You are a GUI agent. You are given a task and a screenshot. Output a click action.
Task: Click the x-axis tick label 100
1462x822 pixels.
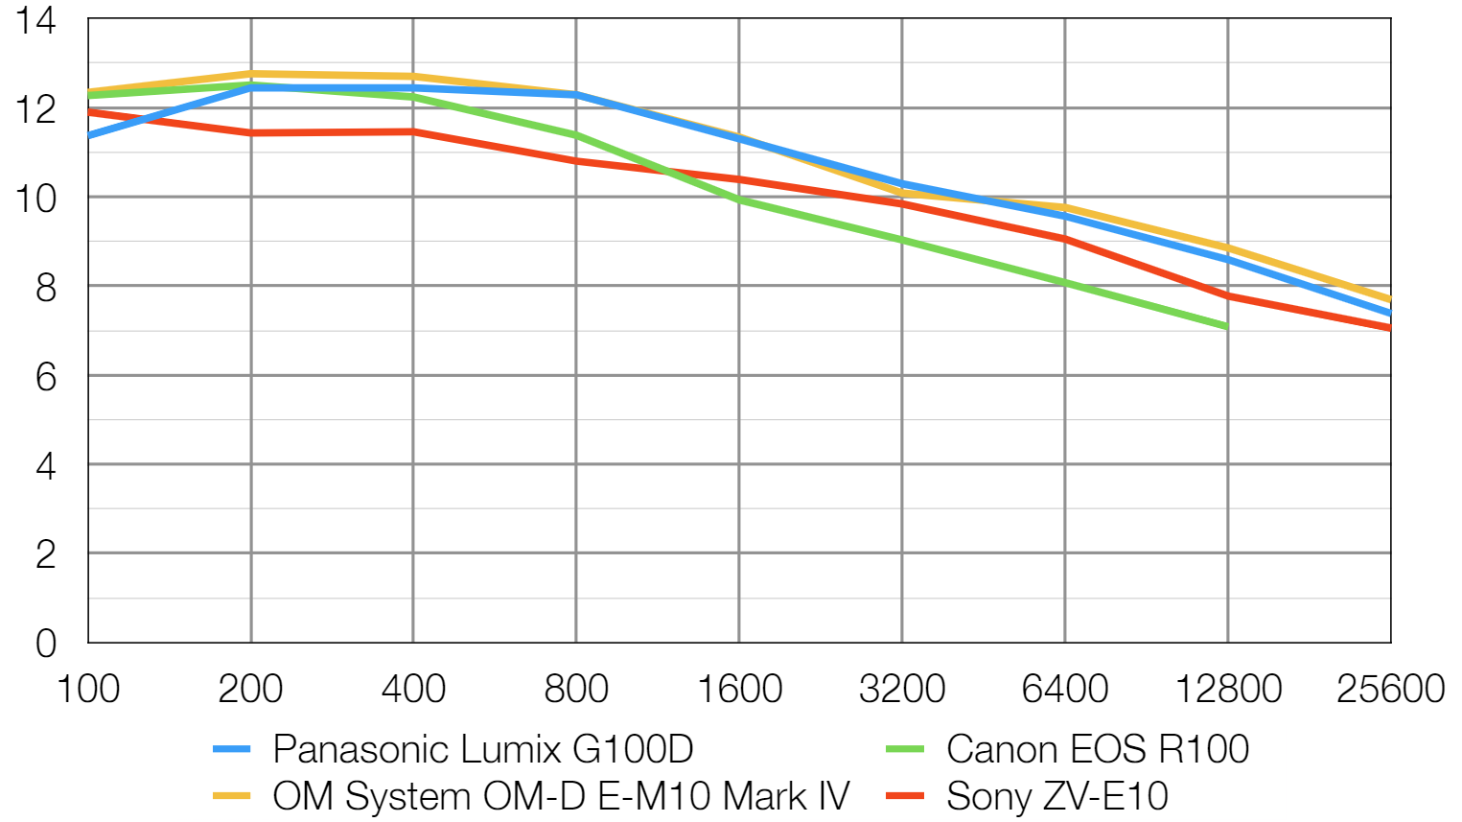coord(88,689)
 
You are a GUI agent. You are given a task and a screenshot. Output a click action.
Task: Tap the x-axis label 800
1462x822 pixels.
coord(576,689)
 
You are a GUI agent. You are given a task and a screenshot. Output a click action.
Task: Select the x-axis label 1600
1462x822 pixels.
coord(739,689)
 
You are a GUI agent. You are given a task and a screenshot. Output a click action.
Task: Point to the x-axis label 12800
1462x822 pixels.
coord(1228,689)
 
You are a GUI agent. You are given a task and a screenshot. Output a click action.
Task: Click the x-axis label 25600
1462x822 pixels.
coord(1390,689)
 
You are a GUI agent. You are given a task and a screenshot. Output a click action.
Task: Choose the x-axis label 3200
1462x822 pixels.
coord(902,689)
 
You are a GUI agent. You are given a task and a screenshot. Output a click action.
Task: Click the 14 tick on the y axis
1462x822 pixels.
coord(35,20)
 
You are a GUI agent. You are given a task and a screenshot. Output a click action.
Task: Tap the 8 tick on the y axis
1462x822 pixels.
coord(46,287)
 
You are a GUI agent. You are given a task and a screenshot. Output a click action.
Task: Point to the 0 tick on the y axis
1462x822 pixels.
coord(46,643)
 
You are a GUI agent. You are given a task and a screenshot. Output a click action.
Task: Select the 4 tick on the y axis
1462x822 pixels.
coord(46,465)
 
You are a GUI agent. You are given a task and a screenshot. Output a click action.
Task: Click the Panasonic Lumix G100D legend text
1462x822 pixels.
coord(482,749)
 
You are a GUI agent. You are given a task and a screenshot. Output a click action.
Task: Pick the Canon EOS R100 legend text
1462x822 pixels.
coord(1098,749)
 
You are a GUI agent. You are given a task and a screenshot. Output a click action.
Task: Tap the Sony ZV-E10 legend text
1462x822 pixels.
coord(1056,796)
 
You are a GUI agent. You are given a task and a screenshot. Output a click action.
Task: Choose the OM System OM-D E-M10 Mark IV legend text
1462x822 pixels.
coord(561,796)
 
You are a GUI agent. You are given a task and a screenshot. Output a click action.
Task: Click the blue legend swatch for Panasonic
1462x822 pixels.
coord(231,749)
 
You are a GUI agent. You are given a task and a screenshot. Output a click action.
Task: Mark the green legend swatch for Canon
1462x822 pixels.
coord(905,749)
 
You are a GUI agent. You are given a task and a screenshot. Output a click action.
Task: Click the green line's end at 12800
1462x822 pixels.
coord(1227,327)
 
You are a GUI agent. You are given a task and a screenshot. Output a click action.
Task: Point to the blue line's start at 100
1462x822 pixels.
coord(89,135)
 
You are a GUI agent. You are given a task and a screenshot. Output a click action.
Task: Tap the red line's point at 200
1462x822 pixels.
coord(251,132)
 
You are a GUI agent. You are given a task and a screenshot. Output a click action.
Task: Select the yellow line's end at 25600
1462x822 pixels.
coord(1389,299)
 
